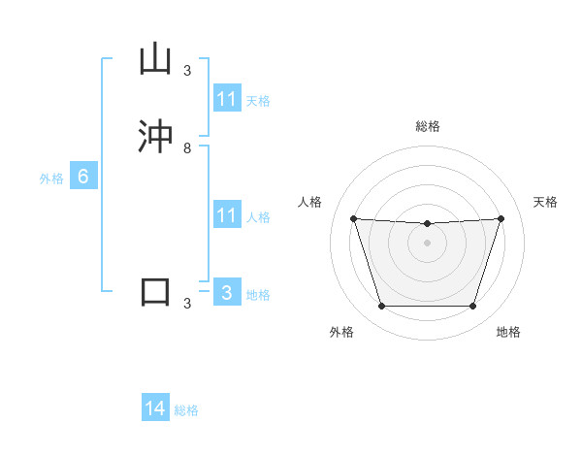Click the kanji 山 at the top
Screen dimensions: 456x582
pos(156,60)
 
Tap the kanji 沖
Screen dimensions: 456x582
pos(156,136)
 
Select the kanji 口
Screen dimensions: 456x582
pos(156,292)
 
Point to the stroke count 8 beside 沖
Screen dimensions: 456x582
pos(187,148)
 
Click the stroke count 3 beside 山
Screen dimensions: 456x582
pos(187,70)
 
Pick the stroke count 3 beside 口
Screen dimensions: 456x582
pos(187,304)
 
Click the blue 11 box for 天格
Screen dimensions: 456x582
pos(227,99)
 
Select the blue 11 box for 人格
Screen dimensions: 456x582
pos(227,215)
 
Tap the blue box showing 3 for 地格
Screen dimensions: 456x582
pos(227,293)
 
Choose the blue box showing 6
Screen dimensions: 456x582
pos(83,177)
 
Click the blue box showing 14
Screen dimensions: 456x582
pos(155,409)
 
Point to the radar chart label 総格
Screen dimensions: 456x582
pos(428,126)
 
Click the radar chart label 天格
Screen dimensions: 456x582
pos(545,202)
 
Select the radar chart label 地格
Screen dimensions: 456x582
pos(508,332)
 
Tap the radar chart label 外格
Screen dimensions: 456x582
pos(341,332)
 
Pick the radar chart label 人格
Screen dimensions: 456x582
pos(310,202)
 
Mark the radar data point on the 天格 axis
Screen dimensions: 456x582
pos(501,219)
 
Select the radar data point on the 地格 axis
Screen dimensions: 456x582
pos(473,307)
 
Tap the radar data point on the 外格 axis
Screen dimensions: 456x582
pos(381,307)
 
